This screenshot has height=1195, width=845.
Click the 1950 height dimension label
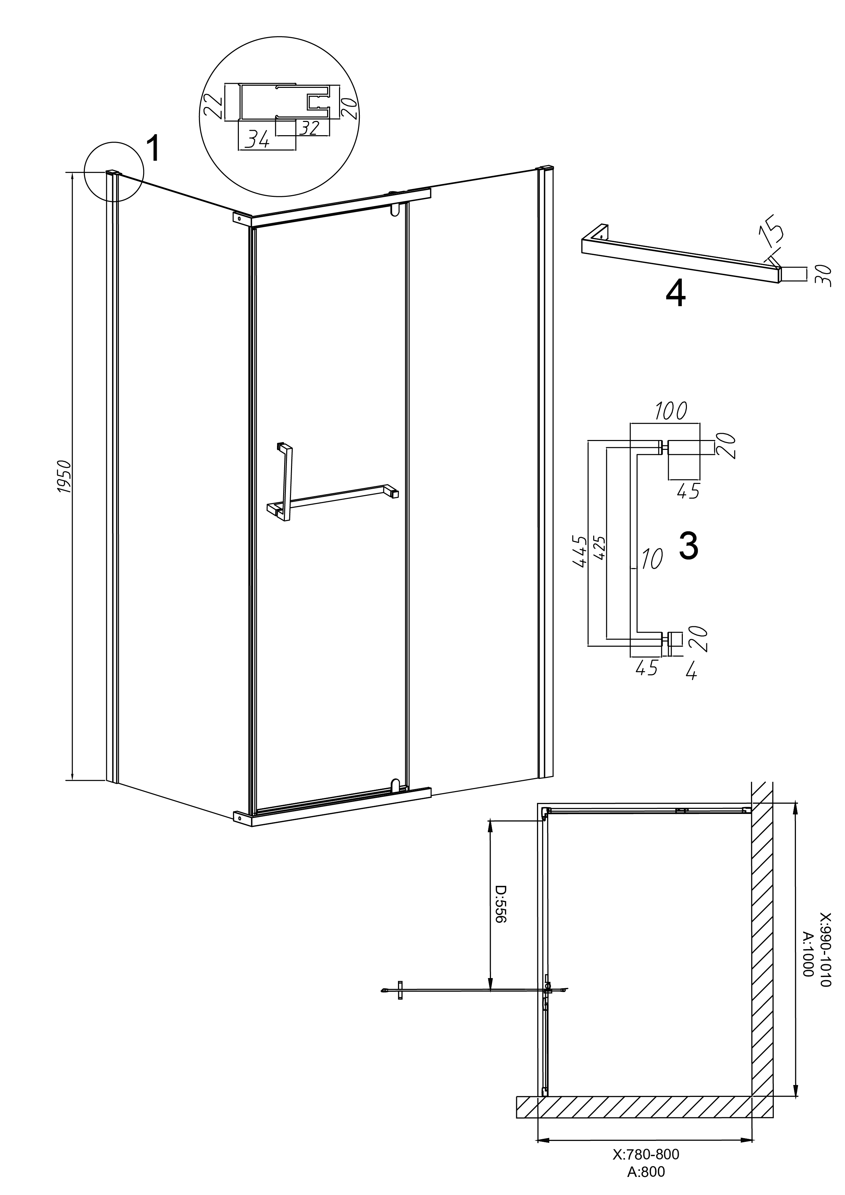[63, 476]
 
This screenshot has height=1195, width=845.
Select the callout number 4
[675, 295]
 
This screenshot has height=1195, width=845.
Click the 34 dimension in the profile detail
[257, 140]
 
